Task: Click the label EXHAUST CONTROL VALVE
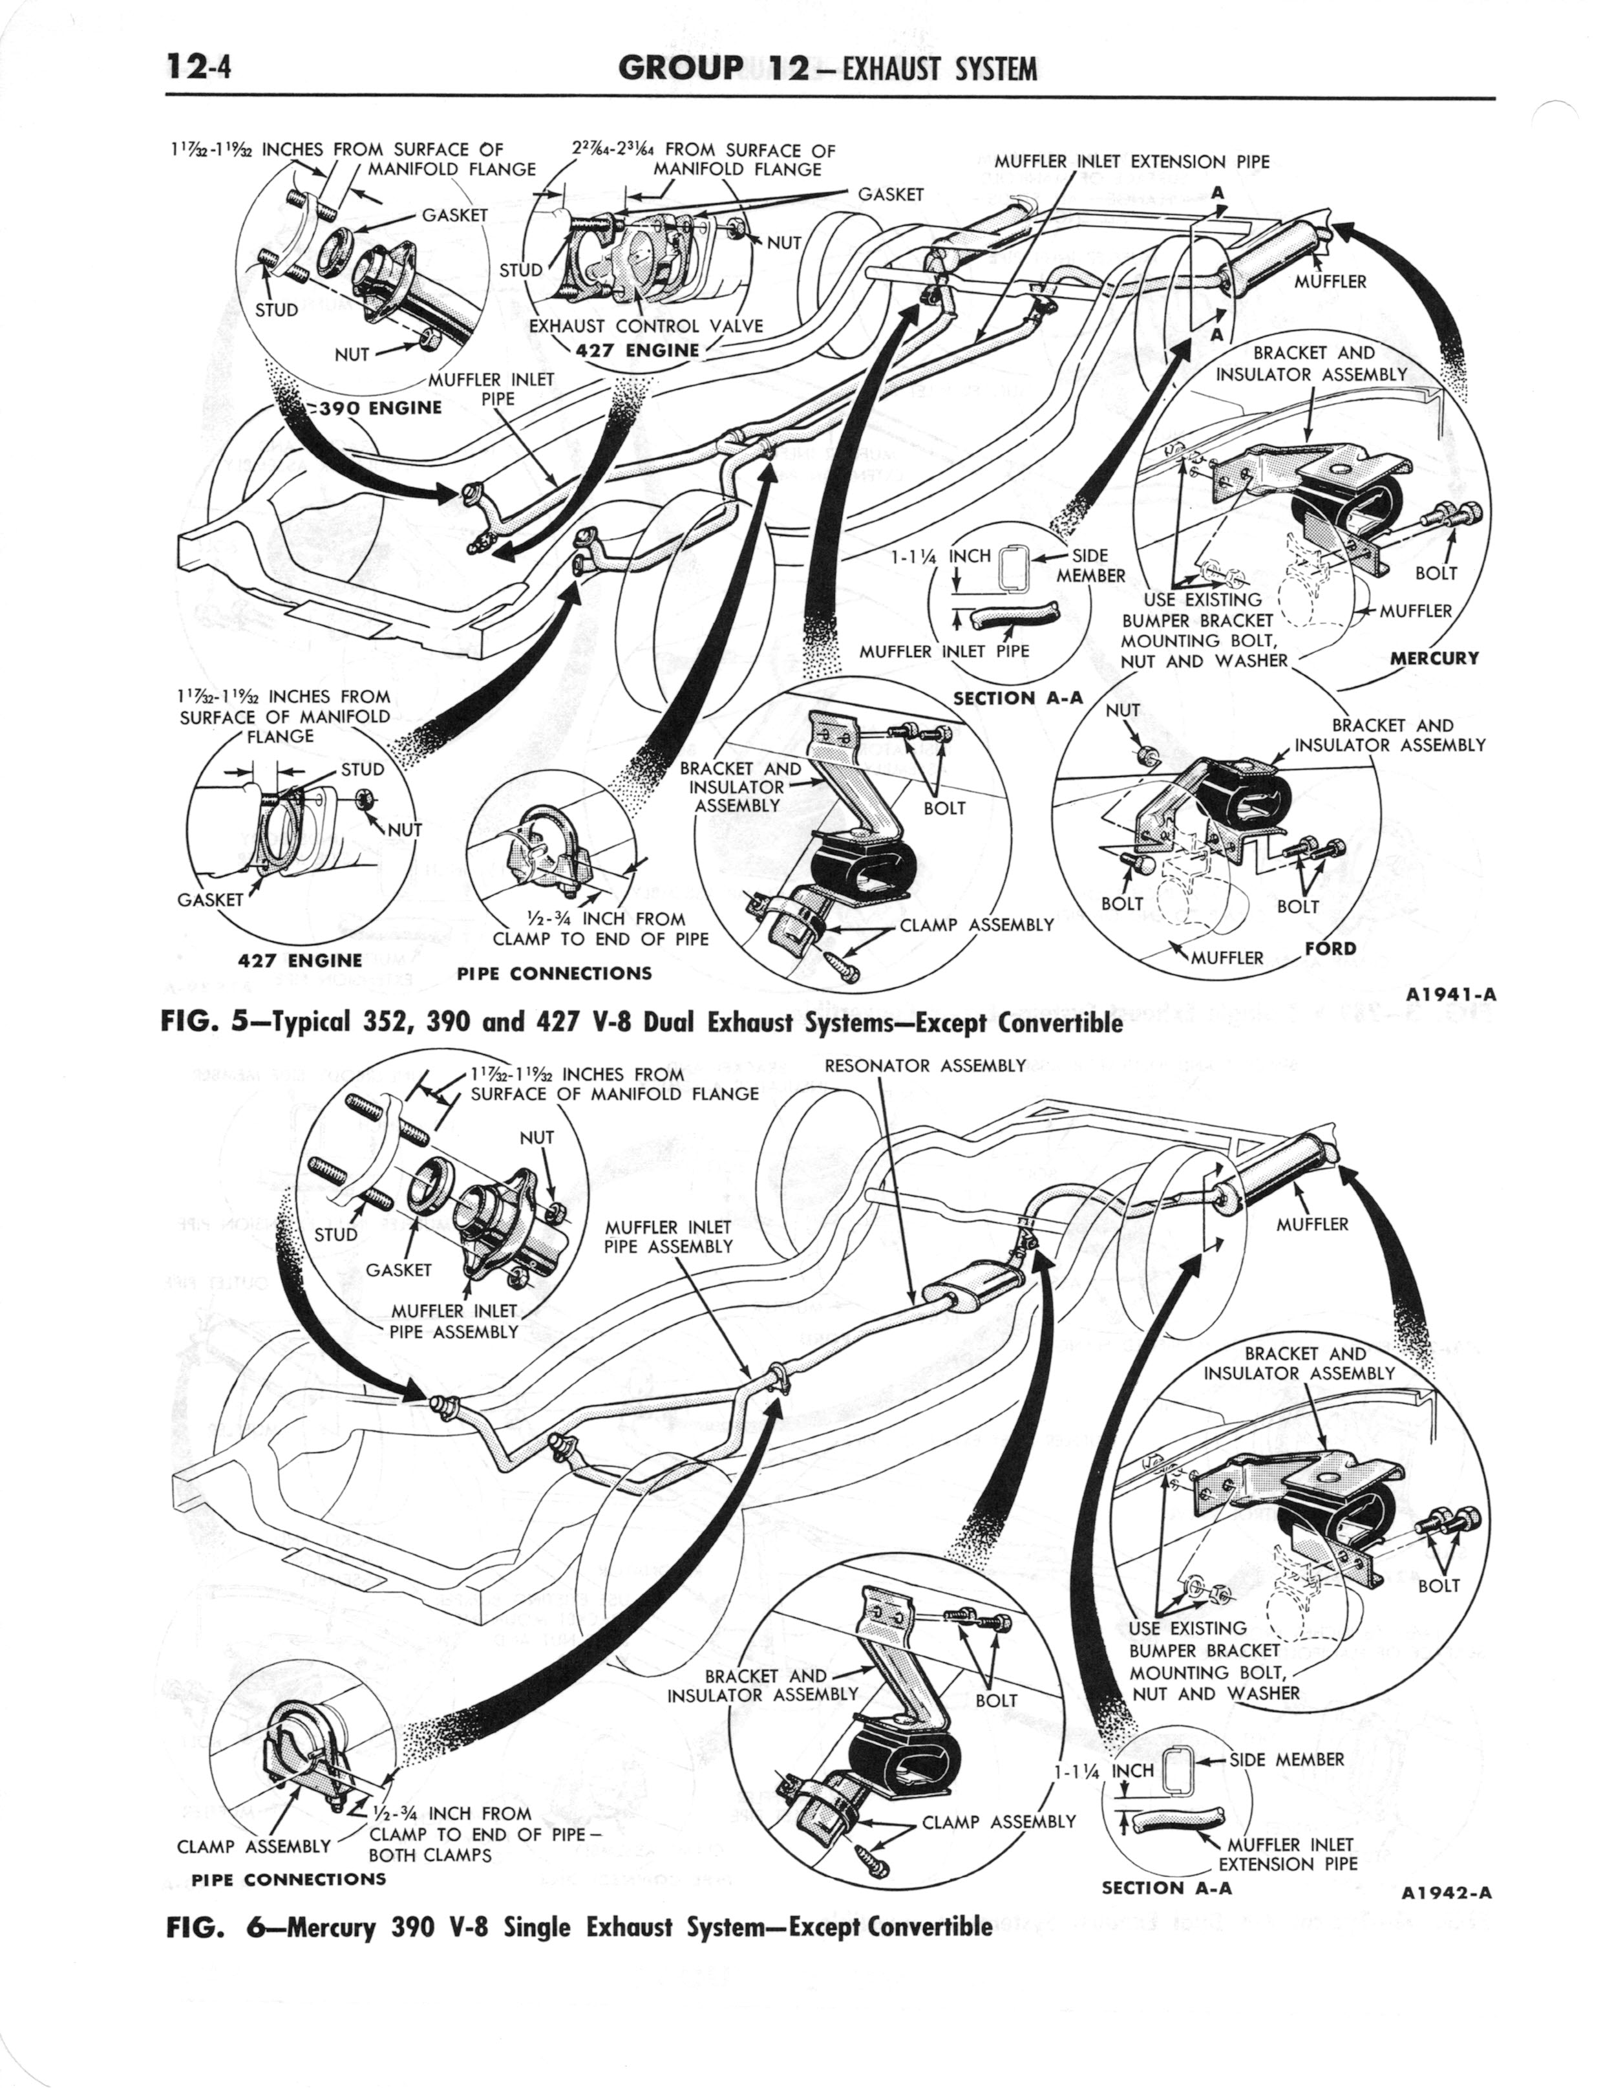tap(646, 325)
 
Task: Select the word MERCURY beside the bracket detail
tap(1434, 658)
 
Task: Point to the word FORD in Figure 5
tap(1330, 949)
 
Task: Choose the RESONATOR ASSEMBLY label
tap(924, 1065)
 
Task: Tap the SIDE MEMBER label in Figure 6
tap(1286, 1759)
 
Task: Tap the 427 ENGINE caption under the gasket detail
tap(300, 960)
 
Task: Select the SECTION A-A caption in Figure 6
tap(1166, 1887)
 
